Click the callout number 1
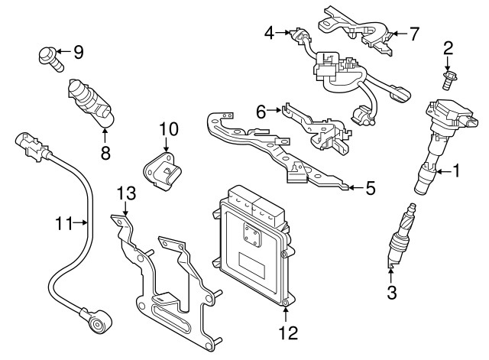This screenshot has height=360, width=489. (x=457, y=170)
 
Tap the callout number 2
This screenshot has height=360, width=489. (x=449, y=48)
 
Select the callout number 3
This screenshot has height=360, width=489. (x=392, y=291)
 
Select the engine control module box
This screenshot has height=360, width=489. (x=251, y=245)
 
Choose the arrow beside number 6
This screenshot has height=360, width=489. (x=278, y=112)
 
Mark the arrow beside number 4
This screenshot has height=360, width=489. (x=284, y=33)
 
